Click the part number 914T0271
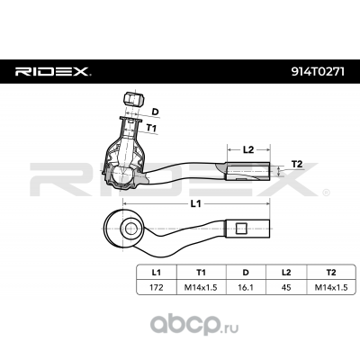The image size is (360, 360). point(318,71)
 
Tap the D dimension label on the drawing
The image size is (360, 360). point(155,112)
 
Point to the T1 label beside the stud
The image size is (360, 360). point(151,128)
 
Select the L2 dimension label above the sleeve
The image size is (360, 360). point(248,149)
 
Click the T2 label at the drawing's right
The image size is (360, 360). point(297,164)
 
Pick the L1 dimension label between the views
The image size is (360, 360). point(195,203)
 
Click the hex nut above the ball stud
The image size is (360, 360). point(134,99)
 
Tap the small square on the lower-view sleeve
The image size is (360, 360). point(241,229)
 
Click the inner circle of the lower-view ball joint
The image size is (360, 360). point(130,229)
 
